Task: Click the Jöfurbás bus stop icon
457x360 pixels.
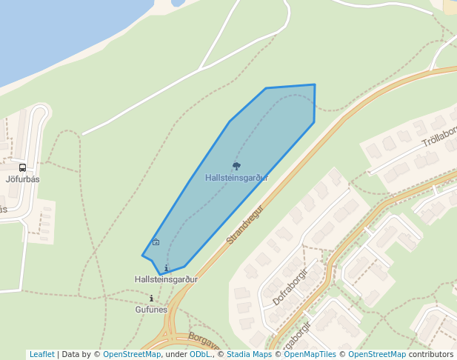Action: tap(22, 167)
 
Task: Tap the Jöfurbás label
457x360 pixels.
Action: tap(22, 179)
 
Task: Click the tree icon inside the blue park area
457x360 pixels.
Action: tap(236, 167)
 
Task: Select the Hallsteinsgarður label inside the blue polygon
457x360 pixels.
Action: tap(236, 178)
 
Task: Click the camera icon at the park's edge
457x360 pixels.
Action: tap(156, 242)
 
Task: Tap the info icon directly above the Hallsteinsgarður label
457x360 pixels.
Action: tap(166, 268)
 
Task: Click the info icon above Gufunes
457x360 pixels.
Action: tap(151, 299)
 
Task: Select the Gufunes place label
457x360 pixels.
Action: tap(151, 310)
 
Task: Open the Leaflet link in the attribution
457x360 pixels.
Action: tap(41, 354)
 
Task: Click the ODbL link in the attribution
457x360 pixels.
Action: tap(200, 354)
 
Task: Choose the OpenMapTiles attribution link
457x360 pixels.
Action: tap(310, 354)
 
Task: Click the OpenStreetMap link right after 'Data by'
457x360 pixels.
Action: tap(132, 354)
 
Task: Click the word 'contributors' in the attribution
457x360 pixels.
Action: tap(430, 354)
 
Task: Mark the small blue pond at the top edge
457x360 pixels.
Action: tap(178, 3)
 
